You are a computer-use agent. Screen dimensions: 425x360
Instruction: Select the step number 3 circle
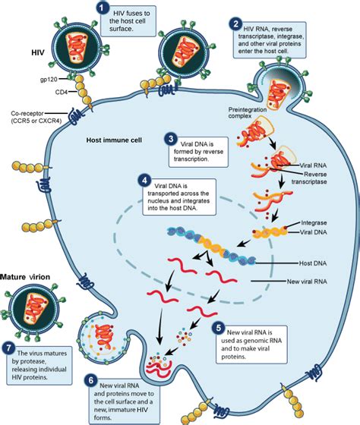[x=172, y=140]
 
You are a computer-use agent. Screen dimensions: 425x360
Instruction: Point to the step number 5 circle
[x=219, y=329]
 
